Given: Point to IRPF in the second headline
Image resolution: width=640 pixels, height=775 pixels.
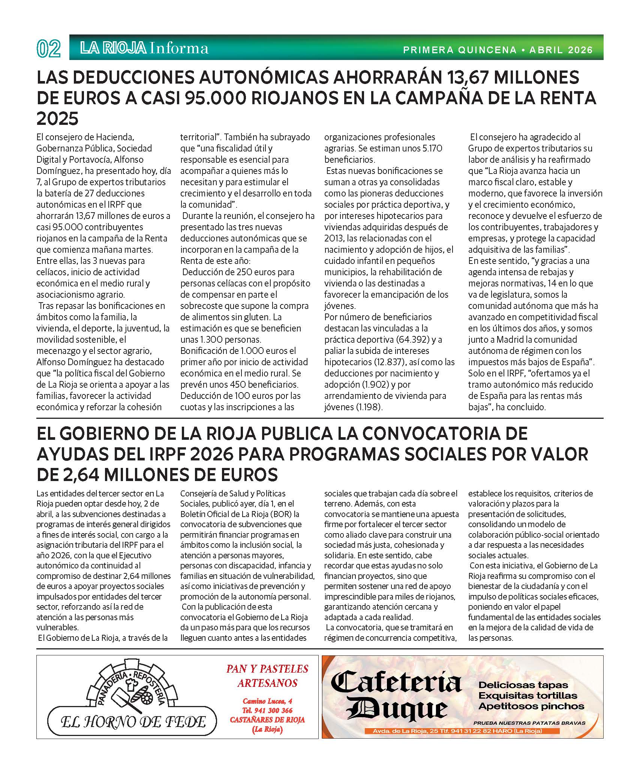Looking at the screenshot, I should pyautogui.click(x=146, y=454).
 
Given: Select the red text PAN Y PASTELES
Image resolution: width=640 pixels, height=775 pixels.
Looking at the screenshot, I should pyautogui.click(x=267, y=669).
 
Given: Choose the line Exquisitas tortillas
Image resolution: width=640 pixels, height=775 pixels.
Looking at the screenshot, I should pyautogui.click(x=528, y=696).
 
